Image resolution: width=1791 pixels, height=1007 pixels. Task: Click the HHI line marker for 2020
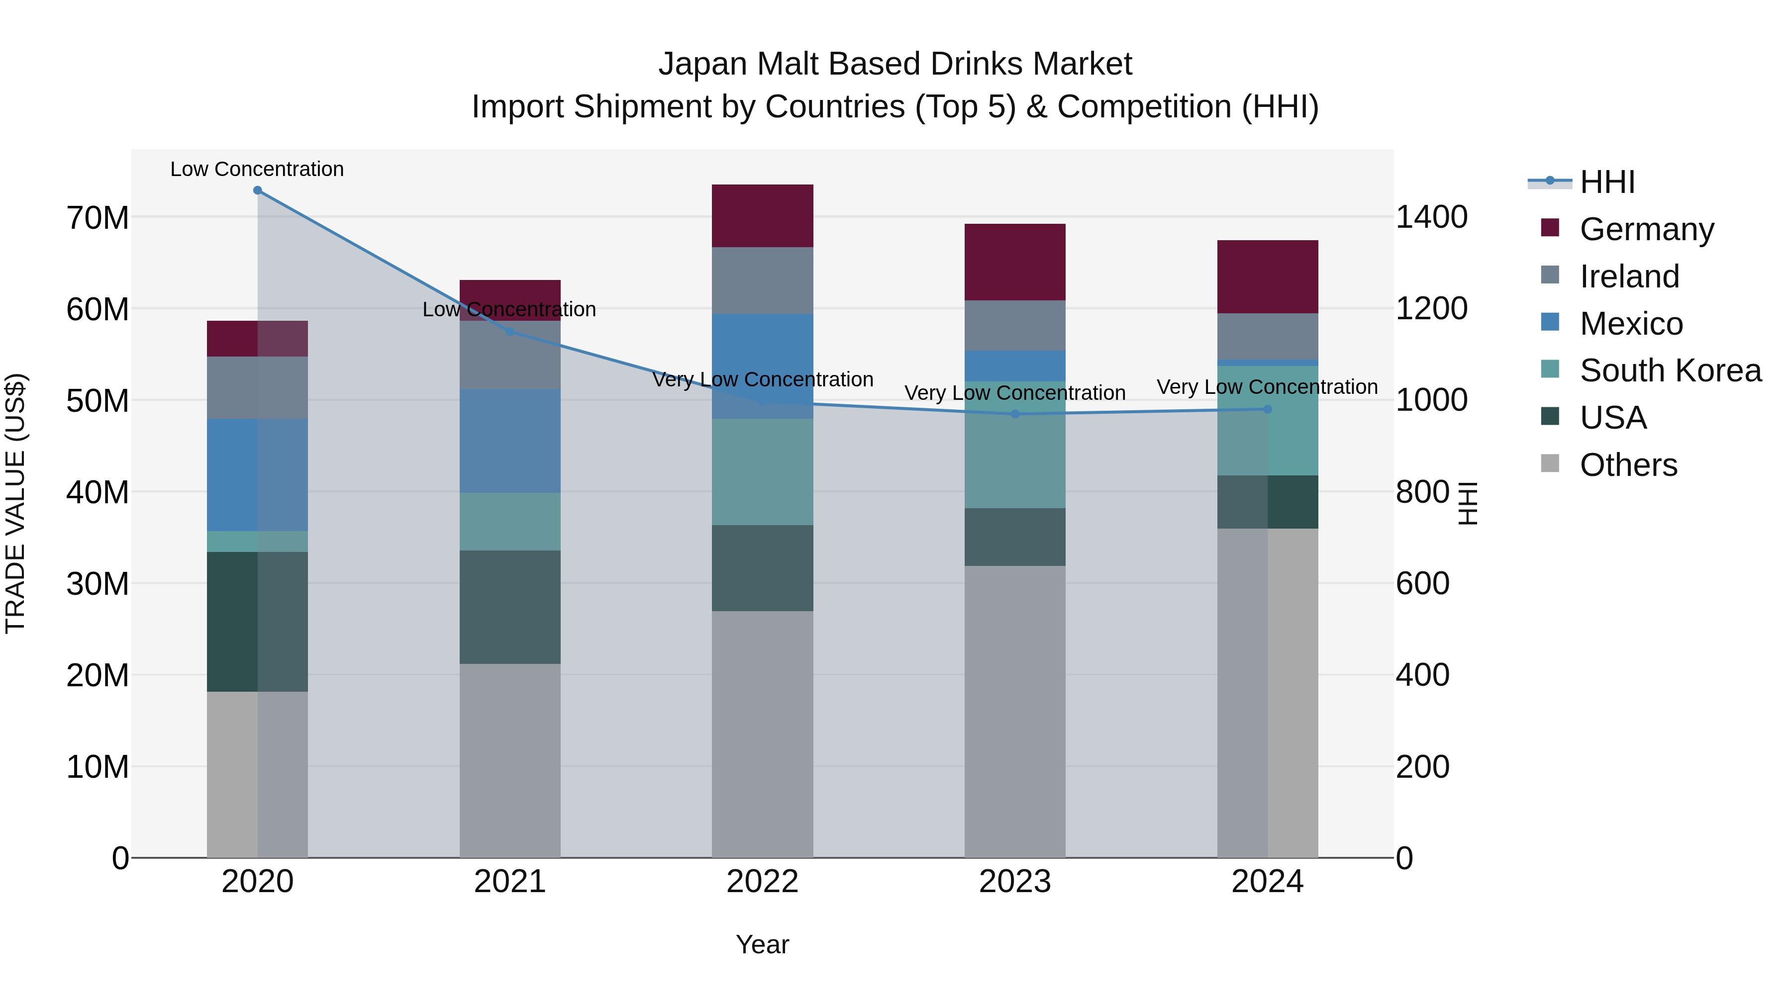[257, 190]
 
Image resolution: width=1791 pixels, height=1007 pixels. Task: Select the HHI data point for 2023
[1014, 414]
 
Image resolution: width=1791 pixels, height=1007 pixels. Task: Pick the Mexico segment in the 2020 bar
[257, 475]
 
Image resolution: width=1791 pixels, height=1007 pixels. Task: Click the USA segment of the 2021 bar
[509, 607]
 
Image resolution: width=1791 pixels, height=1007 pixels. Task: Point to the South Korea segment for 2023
[1014, 445]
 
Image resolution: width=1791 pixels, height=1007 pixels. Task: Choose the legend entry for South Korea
[1670, 370]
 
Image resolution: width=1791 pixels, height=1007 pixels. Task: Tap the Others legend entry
[1628, 465]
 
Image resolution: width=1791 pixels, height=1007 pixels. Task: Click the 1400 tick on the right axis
[1431, 217]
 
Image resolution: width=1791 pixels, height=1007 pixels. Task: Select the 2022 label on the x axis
[762, 882]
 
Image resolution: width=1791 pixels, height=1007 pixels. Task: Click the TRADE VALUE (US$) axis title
[15, 503]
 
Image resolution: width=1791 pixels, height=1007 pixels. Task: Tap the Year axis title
[762, 944]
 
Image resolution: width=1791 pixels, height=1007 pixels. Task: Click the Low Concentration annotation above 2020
[257, 170]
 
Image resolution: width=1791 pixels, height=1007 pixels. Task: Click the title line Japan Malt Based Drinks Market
[895, 64]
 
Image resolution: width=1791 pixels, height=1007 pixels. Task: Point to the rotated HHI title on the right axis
[1468, 503]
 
